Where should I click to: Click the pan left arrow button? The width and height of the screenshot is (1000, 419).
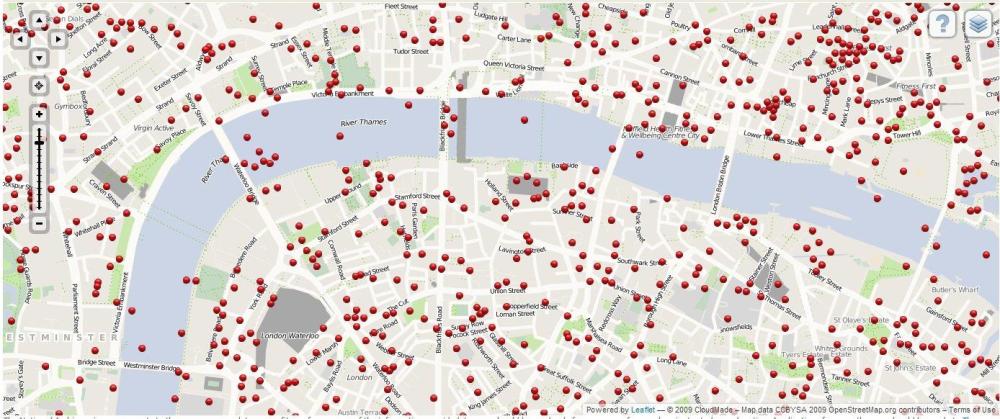(20, 38)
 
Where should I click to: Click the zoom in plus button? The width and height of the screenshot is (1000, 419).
(39, 115)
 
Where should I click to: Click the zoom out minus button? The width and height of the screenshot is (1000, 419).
(39, 223)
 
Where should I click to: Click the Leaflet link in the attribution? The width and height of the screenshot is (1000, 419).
(642, 410)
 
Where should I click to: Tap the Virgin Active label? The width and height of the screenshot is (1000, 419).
(154, 128)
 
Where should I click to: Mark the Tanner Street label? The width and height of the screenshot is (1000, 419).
(850, 379)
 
